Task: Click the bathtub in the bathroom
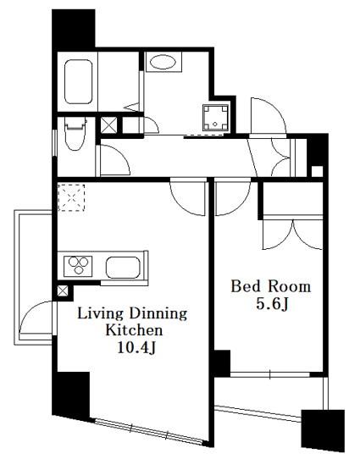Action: click(x=78, y=82)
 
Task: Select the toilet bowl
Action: click(x=74, y=135)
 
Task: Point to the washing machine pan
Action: click(x=216, y=118)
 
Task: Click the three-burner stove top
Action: click(x=78, y=266)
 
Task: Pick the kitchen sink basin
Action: click(x=123, y=267)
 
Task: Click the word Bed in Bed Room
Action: click(x=245, y=286)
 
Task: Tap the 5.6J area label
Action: click(x=272, y=304)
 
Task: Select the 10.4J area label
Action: click(x=136, y=347)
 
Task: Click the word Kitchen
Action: click(x=135, y=330)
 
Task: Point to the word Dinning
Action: click(x=158, y=314)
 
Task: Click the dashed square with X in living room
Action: click(x=71, y=198)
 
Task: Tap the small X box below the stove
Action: click(x=63, y=291)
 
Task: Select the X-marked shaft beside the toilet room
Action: click(x=108, y=125)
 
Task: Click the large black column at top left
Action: click(x=74, y=30)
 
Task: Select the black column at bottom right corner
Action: click(x=323, y=430)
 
